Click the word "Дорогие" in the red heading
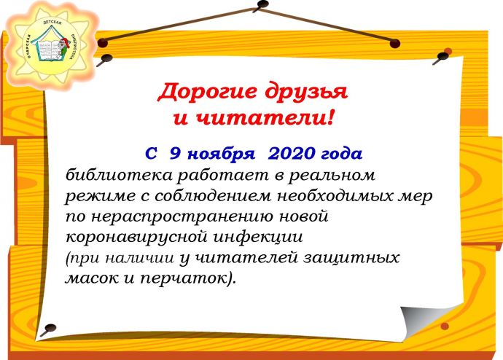[x=207, y=93]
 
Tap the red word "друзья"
[x=306, y=93]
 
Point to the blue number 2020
[x=292, y=154]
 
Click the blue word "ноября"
[x=221, y=154]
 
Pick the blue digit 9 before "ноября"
[x=175, y=154]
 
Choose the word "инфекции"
[x=258, y=237]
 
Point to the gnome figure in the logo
[x=64, y=47]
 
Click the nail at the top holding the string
[x=262, y=4]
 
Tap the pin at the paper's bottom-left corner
[x=48, y=329]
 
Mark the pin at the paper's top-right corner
[x=442, y=58]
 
